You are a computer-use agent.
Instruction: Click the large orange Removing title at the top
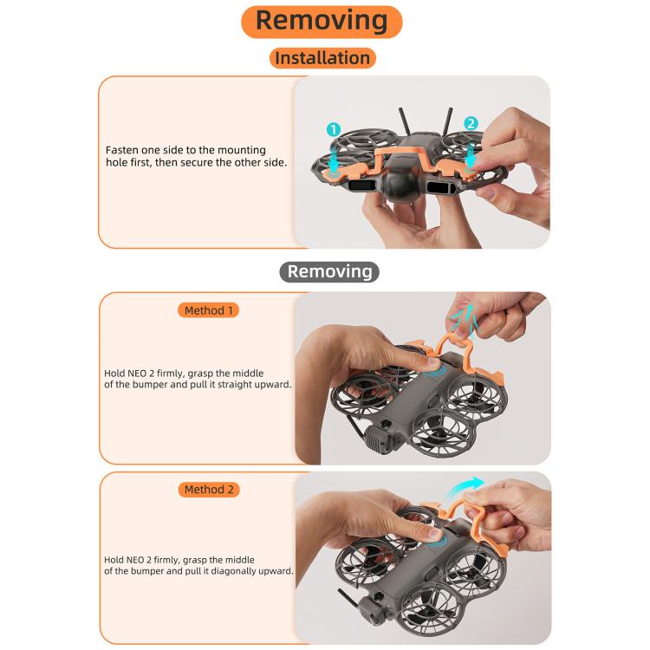tap(322, 22)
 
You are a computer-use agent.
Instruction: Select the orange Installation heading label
tap(322, 58)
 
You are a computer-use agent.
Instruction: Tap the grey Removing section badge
tap(329, 272)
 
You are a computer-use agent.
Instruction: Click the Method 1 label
tap(209, 310)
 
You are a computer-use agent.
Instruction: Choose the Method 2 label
tap(209, 490)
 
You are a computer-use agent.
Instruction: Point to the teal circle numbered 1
tap(334, 129)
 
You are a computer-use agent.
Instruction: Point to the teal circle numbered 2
tap(471, 123)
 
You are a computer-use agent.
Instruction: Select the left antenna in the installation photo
tap(405, 121)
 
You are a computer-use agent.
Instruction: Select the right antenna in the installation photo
tap(447, 120)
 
